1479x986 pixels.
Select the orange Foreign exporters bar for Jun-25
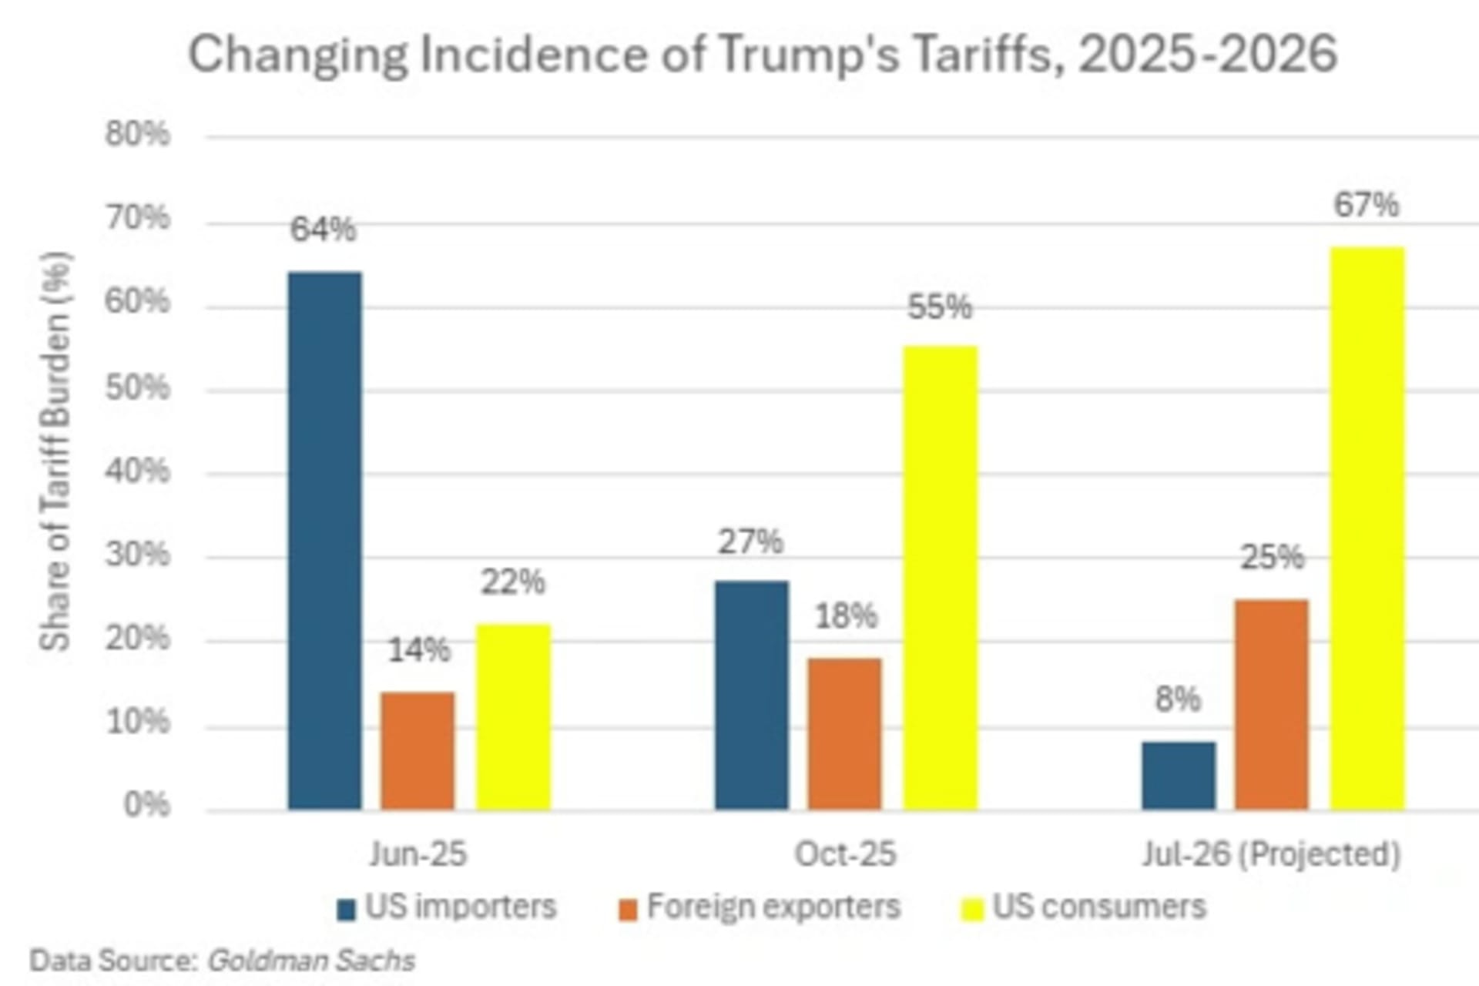[418, 751]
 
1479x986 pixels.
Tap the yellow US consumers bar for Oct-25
[941, 578]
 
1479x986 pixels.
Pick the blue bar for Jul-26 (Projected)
[1179, 776]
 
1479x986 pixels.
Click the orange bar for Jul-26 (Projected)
[1272, 705]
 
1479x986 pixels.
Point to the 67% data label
[1367, 206]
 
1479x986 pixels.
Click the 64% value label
[323, 230]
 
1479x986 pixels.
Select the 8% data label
[1178, 699]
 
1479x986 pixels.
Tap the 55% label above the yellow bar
[940, 307]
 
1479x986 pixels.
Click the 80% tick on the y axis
[137, 135]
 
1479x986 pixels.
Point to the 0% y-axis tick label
[146, 805]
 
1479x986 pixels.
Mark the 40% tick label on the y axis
[137, 471]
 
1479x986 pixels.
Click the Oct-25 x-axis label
[845, 854]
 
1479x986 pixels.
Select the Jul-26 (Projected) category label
[1271, 854]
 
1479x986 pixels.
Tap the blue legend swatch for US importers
[347, 910]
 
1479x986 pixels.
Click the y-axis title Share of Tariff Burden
[55, 451]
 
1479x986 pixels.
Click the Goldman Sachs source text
[311, 961]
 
